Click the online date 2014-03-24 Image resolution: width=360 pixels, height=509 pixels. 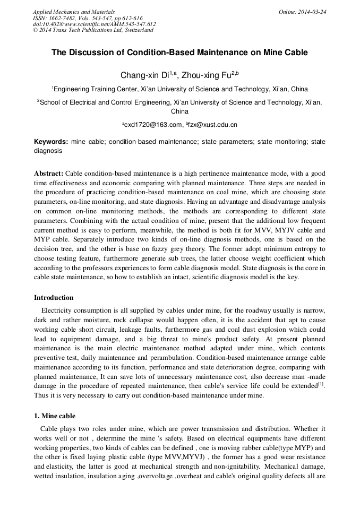(312, 11)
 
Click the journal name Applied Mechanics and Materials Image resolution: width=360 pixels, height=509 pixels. (74, 11)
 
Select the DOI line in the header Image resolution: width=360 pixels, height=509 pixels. (94, 24)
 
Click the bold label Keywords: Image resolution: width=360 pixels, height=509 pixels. (51, 142)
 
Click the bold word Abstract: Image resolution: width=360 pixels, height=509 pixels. (49, 174)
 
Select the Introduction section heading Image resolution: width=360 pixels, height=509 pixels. (54, 297)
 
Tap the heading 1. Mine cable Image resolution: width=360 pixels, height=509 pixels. (55, 416)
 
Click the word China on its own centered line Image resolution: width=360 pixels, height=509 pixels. (179, 112)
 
